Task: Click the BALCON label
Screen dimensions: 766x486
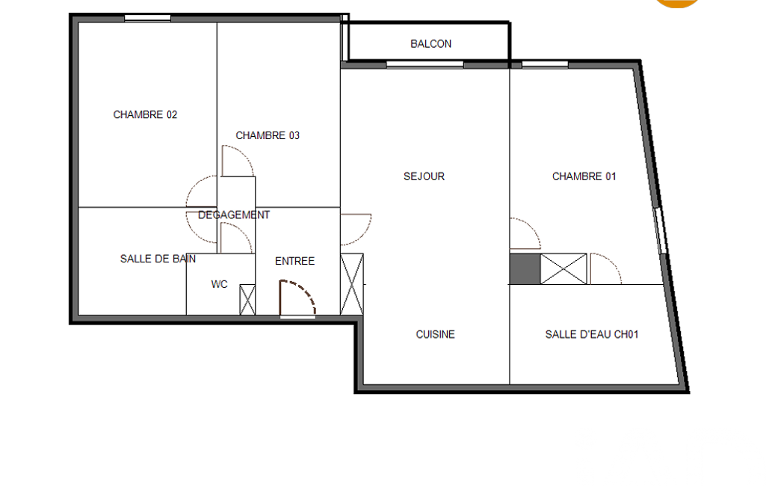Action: coord(430,44)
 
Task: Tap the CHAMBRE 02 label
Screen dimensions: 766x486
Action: coord(145,114)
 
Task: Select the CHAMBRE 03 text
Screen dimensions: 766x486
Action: coord(268,135)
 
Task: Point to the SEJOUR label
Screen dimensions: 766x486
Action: coord(424,176)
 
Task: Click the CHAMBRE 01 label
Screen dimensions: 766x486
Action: coord(584,176)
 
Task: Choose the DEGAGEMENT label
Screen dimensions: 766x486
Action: coord(233,215)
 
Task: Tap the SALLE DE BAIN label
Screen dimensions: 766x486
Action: coord(158,259)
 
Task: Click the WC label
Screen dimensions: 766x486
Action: coord(220,285)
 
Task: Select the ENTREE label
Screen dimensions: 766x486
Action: coord(294,262)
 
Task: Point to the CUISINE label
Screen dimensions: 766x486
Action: coord(435,334)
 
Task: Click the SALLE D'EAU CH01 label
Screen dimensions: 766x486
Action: coord(592,334)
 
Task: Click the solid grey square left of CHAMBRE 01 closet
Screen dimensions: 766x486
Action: coord(525,268)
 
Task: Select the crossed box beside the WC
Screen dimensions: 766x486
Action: coord(247,300)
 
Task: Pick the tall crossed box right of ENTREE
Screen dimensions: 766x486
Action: coord(352,284)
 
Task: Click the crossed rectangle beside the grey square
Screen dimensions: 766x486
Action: coord(563,268)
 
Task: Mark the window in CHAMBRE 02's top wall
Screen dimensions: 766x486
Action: coord(147,19)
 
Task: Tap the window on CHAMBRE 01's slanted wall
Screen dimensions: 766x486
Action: coord(660,231)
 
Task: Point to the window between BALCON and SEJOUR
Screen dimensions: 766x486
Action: coord(424,64)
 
